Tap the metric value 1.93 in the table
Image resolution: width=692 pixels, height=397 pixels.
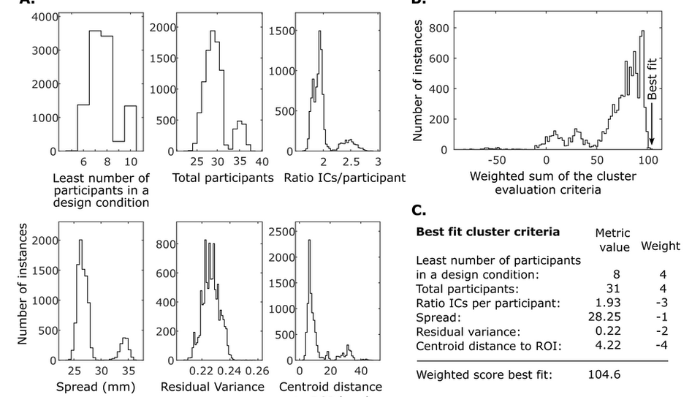(607, 301)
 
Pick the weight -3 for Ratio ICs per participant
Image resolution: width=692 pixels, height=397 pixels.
(660, 301)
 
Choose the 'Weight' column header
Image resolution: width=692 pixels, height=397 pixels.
(660, 246)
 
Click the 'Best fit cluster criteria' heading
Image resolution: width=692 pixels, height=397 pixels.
(487, 232)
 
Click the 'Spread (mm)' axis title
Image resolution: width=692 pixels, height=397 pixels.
(81, 386)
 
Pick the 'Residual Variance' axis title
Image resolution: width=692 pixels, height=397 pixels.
(212, 386)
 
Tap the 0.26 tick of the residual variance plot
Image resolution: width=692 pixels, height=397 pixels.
(256, 371)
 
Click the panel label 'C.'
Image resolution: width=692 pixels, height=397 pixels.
(419, 211)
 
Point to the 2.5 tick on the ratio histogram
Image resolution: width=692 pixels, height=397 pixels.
(351, 161)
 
